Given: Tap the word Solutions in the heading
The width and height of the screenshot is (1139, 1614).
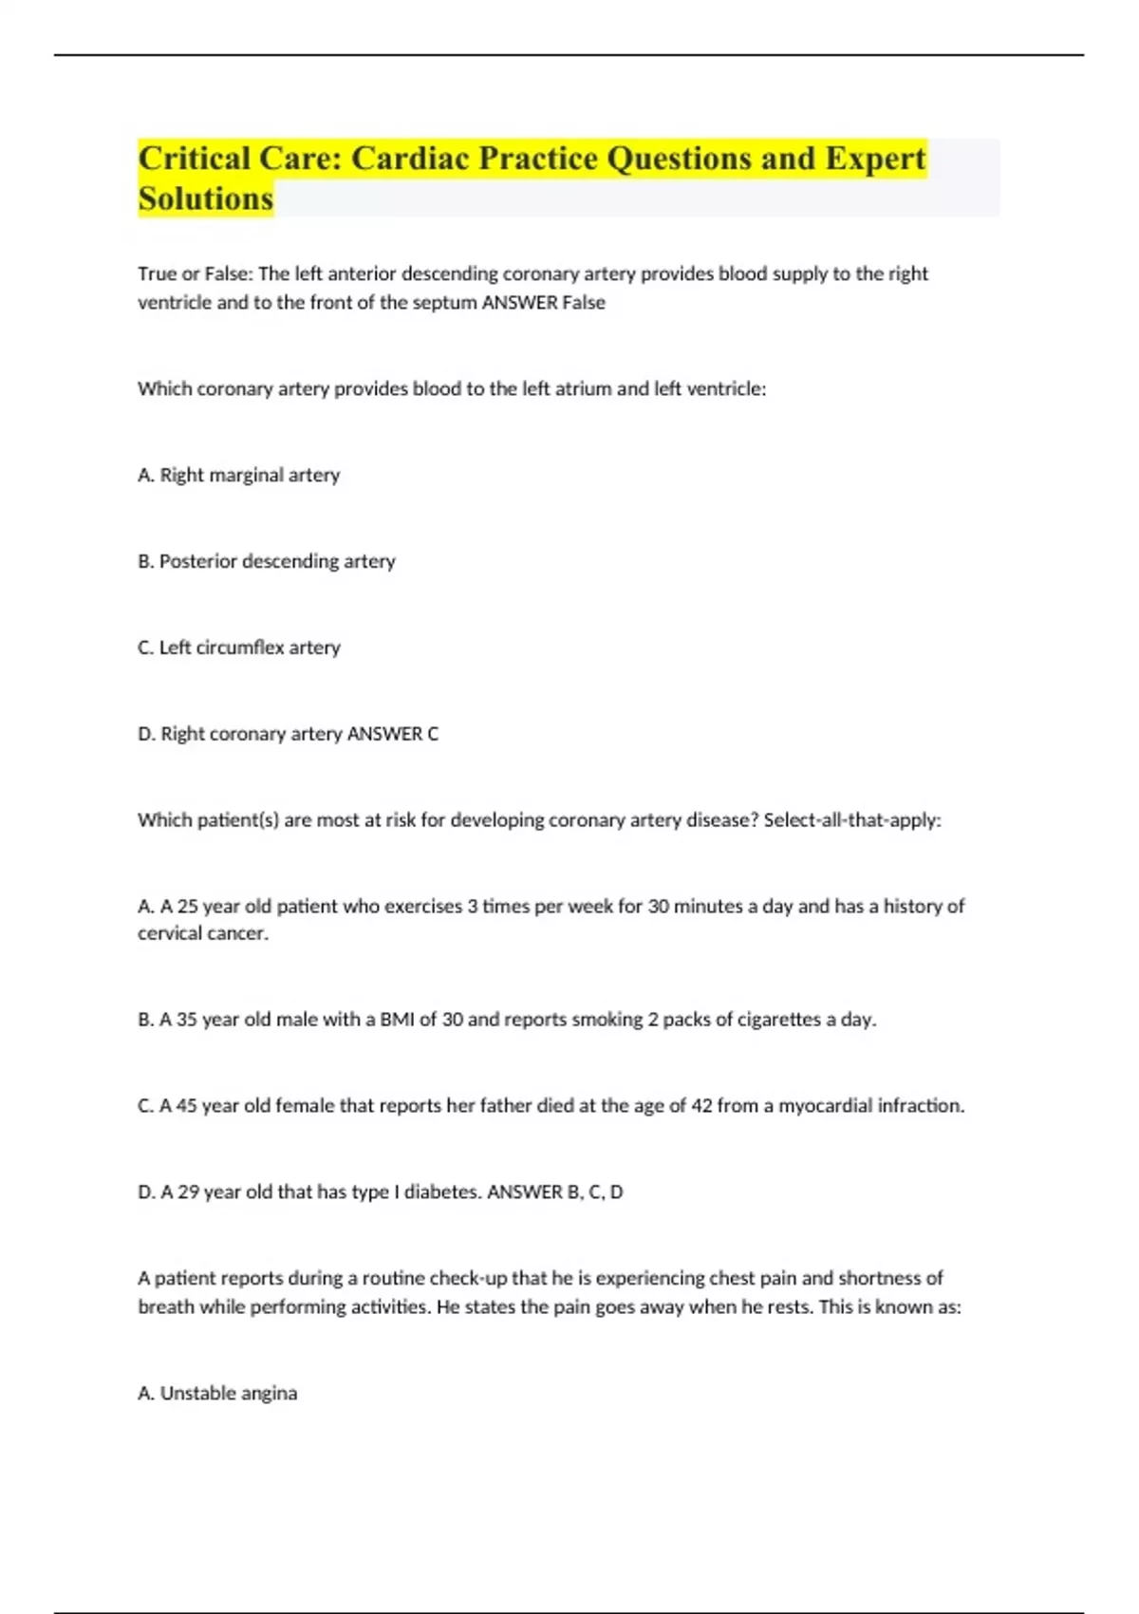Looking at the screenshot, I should pos(206,199).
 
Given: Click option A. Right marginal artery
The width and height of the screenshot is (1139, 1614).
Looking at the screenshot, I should pos(238,475).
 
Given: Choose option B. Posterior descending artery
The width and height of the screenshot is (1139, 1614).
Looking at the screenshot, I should pos(267,561).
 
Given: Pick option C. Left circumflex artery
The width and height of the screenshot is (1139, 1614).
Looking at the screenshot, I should pos(239,647).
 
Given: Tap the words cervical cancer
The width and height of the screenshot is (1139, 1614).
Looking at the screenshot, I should pos(203,934).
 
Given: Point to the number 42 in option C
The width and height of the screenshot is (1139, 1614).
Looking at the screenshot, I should pos(701,1106).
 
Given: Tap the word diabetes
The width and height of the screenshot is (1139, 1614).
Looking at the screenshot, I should pos(441,1192).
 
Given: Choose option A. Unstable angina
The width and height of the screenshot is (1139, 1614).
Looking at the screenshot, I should pos(217,1394).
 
